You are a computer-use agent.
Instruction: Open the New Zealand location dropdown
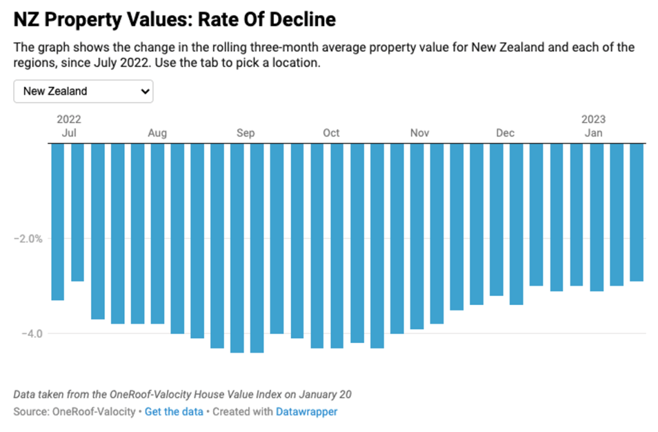click(83, 91)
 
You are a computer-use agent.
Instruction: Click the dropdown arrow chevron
click(145, 91)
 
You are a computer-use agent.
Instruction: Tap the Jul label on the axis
click(69, 133)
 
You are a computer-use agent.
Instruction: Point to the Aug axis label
click(157, 133)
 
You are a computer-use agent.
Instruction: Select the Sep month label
click(246, 133)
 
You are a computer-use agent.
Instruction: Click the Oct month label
click(331, 133)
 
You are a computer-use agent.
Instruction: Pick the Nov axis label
click(419, 133)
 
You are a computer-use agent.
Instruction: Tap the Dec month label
click(505, 133)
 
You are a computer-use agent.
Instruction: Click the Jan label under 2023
click(593, 133)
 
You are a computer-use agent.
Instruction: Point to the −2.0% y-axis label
click(28, 239)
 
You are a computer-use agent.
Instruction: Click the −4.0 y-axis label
click(32, 334)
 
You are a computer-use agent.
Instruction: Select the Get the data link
click(174, 411)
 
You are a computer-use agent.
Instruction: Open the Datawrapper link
click(306, 411)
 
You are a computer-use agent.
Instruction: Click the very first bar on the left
click(57, 222)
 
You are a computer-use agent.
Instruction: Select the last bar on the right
click(637, 212)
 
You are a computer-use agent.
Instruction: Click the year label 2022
click(69, 120)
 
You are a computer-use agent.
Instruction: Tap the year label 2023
click(593, 120)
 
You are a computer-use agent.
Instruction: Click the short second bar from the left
click(77, 212)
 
